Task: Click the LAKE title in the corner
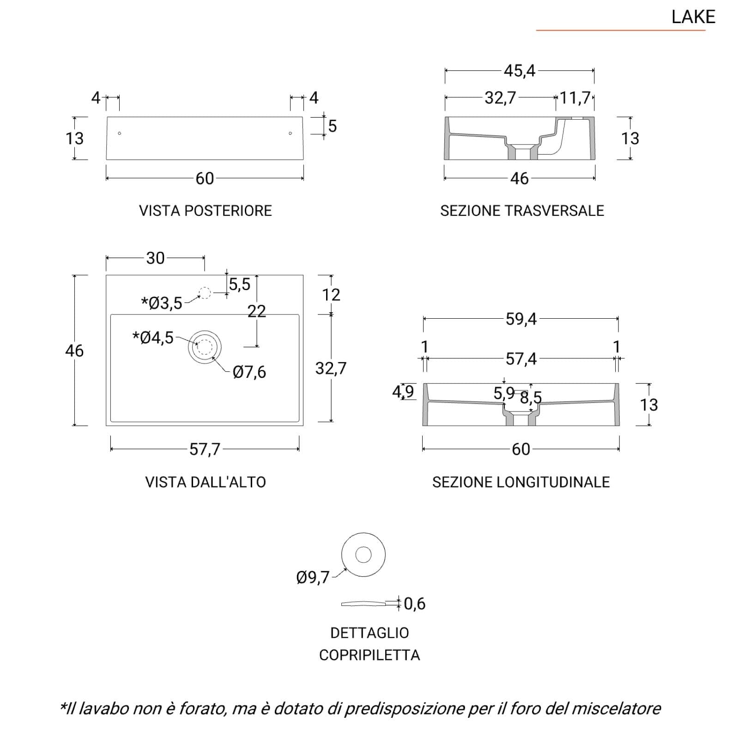point(693,17)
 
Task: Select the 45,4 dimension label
point(520,71)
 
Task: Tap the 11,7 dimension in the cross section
point(575,98)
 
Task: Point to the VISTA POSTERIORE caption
point(206,211)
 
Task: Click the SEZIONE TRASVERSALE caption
point(522,211)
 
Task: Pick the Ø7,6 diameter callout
point(249,372)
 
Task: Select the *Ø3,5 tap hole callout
point(162,303)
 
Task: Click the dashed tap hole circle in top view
point(205,293)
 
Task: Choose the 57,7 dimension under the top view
point(205,449)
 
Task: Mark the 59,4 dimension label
point(521,319)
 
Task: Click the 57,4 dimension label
point(521,358)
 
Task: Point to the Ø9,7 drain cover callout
point(313,577)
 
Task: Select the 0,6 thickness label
point(414,603)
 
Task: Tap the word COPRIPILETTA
point(369,655)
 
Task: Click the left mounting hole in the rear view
point(120,133)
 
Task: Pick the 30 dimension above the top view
point(155,258)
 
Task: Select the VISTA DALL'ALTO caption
point(206,482)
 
